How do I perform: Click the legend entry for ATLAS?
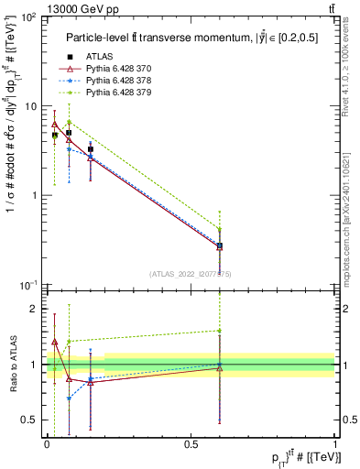pos(99,57)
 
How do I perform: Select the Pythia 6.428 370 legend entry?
pos(114,69)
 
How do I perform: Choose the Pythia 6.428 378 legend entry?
pos(114,81)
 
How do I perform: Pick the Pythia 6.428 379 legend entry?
pos(114,93)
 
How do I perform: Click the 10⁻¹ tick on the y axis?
pos(30,285)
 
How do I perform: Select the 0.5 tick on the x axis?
pos(190,444)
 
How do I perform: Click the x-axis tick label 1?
pos(335,444)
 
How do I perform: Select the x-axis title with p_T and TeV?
pos(289,457)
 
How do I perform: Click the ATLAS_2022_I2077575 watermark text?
pos(191,273)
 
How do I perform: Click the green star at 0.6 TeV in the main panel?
pos(220,229)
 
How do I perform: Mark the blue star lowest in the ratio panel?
pos(69,398)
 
